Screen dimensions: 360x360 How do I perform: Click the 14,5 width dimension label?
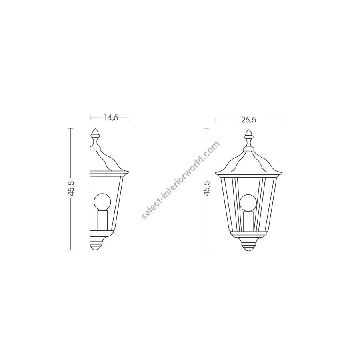[111, 118]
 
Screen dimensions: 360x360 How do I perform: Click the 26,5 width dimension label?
[248, 120]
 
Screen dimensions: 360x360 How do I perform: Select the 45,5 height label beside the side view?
[72, 188]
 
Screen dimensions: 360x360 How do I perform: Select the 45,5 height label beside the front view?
[207, 188]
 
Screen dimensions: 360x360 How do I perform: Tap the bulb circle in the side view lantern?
[102, 202]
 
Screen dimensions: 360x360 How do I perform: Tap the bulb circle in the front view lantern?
[248, 203]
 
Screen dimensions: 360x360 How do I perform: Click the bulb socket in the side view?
[102, 220]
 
